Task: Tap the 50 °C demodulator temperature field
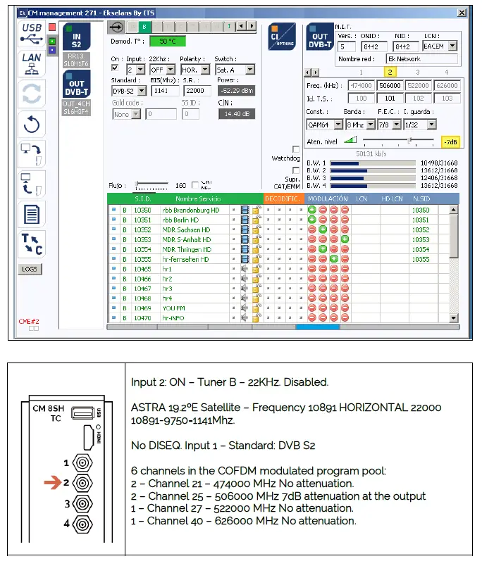pos(167,42)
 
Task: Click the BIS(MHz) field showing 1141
pos(164,90)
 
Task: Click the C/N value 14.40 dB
pos(236,113)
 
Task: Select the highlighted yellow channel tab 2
pos(390,72)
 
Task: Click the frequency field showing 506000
pos(390,86)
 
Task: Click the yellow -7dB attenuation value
pos(450,141)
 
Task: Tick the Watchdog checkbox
pos(296,149)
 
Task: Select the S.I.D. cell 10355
pos(142,259)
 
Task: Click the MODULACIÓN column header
pos(328,199)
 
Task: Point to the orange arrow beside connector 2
pos(53,483)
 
